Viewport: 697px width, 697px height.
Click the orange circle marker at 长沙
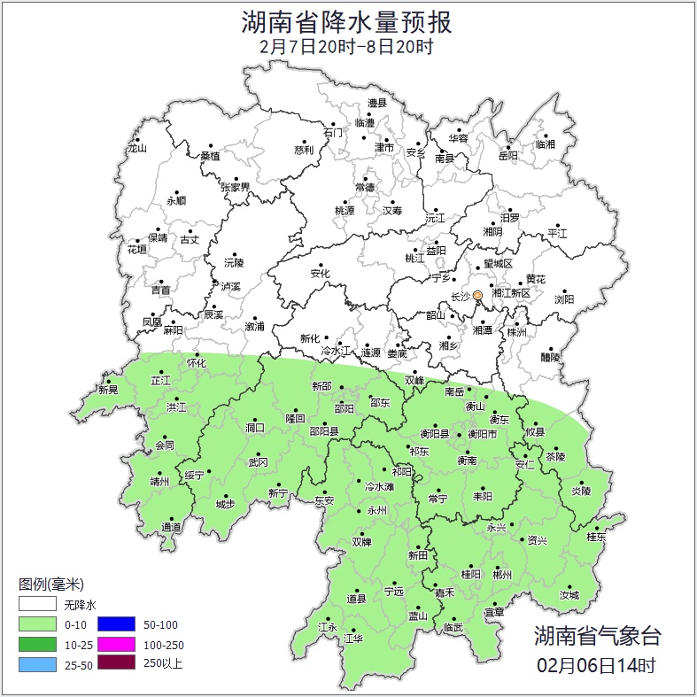tap(477, 295)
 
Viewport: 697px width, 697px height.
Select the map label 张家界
tap(236, 188)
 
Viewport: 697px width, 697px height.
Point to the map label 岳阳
tap(507, 157)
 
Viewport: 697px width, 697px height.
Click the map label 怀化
tap(196, 363)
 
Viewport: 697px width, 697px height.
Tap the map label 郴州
tap(502, 575)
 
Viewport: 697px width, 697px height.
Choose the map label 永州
tap(377, 512)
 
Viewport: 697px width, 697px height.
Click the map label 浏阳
tap(564, 299)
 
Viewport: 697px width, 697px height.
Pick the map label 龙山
tap(136, 149)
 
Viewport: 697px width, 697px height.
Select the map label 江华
tap(353, 639)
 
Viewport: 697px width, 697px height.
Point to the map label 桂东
tap(597, 537)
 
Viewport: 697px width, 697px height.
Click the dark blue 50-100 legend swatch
tap(116, 624)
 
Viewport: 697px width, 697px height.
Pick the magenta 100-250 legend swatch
tap(116, 644)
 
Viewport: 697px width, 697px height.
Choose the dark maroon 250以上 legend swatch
tap(116, 662)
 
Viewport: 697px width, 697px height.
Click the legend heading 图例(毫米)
tap(50, 585)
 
